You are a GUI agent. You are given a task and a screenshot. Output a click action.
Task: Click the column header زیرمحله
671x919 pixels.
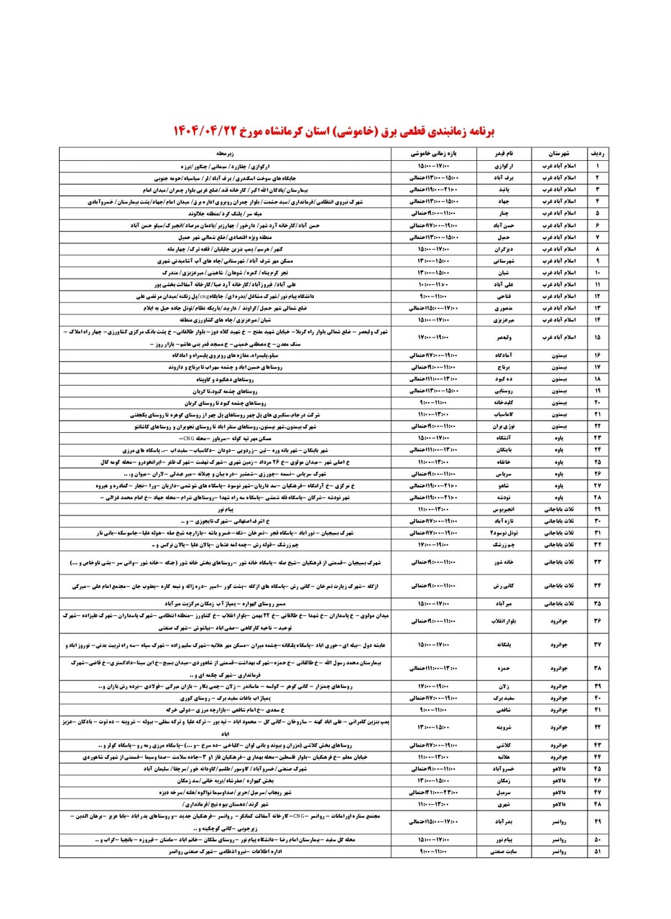(225, 154)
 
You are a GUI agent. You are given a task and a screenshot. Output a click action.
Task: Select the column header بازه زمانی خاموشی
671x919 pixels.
(434, 154)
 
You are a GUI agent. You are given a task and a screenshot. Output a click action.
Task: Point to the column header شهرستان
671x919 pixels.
(558, 154)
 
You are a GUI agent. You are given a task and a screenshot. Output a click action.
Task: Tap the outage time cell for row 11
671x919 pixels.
(434, 284)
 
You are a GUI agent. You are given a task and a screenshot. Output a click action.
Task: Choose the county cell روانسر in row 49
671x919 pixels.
(558, 821)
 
